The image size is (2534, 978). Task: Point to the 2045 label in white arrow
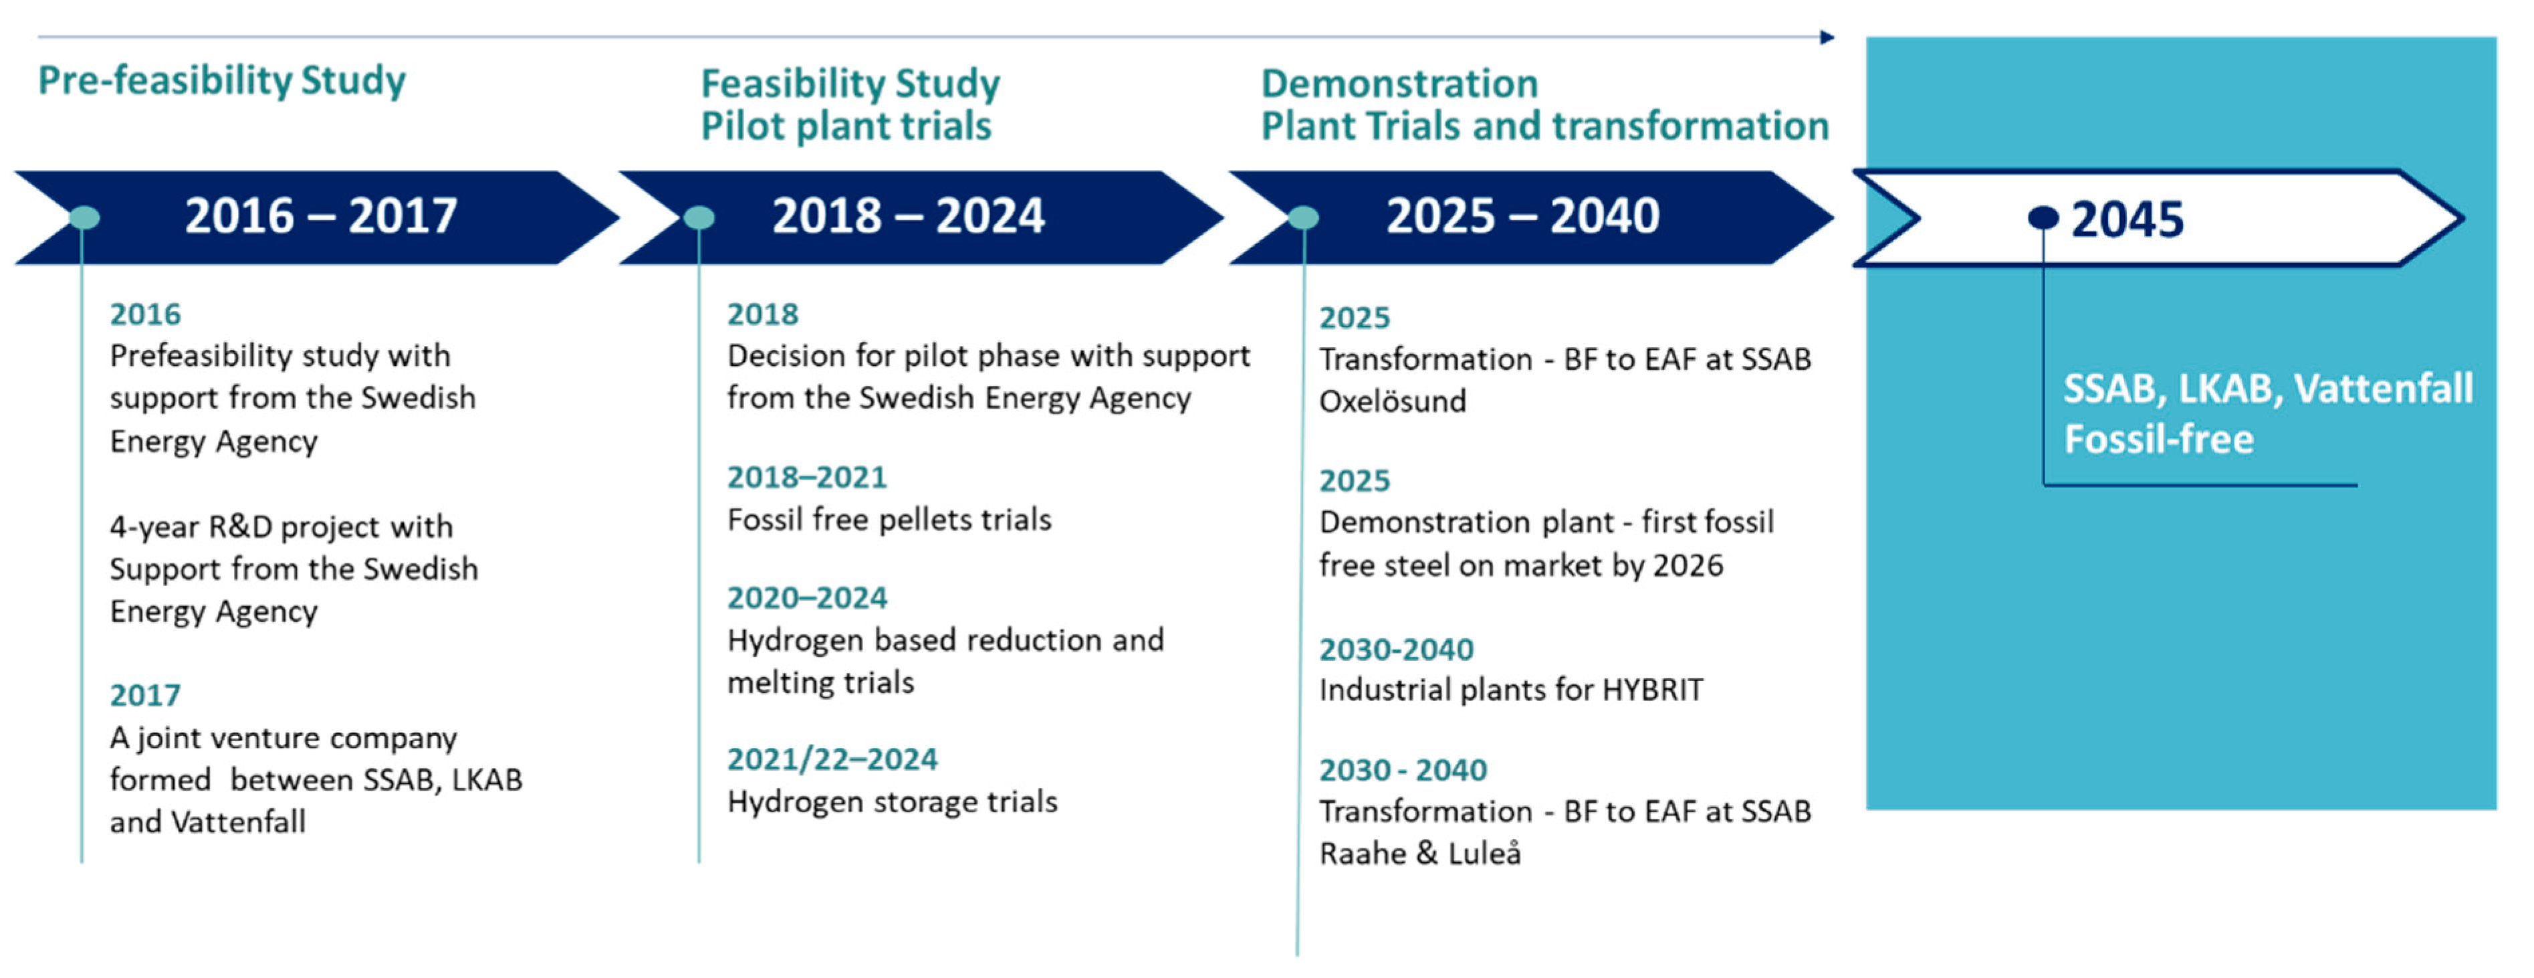click(2127, 219)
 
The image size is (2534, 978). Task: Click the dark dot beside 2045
click(2043, 217)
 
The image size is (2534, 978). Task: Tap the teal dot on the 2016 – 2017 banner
click(85, 217)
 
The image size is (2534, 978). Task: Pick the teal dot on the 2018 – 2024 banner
click(699, 217)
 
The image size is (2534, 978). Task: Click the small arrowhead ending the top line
click(1828, 37)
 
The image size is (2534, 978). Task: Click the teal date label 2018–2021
click(806, 477)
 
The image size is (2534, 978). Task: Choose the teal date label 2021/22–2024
click(832, 759)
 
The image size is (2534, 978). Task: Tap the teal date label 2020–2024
click(806, 598)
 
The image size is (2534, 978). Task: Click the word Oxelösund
click(1392, 401)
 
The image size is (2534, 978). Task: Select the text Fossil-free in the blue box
click(2158, 439)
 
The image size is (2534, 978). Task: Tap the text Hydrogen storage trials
click(892, 802)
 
